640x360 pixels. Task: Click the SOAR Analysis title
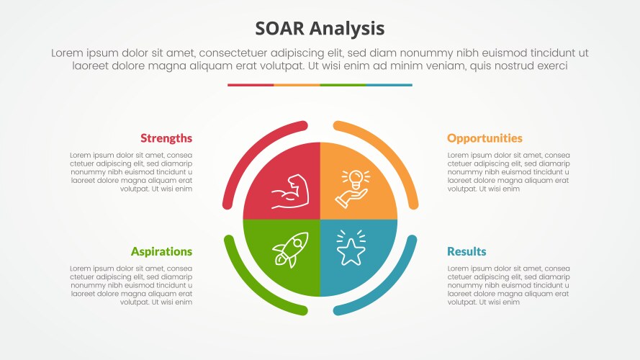click(320, 28)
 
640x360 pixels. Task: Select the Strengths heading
click(166, 138)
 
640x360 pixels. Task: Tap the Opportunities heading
click(484, 138)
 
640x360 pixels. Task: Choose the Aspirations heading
click(161, 251)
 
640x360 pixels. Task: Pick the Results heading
click(467, 251)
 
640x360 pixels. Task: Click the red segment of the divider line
click(251, 85)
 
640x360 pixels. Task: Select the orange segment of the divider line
click(297, 85)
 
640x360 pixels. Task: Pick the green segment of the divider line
click(343, 85)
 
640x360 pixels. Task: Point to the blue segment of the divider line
click(389, 85)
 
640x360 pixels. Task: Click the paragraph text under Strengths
click(131, 172)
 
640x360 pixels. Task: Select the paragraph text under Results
click(508, 285)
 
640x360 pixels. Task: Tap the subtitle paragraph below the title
click(320, 59)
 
